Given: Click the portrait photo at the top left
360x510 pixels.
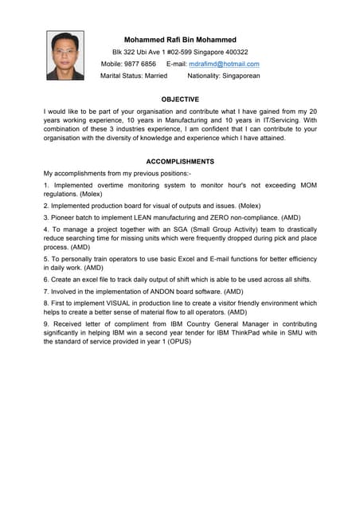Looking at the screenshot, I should click(65, 55).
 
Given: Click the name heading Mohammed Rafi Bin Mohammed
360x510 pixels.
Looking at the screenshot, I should click(180, 39).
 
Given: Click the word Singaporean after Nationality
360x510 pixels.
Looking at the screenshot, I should click(236, 76).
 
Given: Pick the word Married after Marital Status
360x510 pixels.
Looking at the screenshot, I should click(156, 76).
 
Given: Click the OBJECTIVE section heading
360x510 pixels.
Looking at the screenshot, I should click(179, 99).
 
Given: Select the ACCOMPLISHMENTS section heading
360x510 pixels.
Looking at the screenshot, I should click(180, 161).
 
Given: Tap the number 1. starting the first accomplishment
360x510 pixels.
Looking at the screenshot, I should click(47, 185).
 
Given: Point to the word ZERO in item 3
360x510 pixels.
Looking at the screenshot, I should click(220, 217).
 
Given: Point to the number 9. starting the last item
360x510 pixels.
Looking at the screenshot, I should click(47, 324).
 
